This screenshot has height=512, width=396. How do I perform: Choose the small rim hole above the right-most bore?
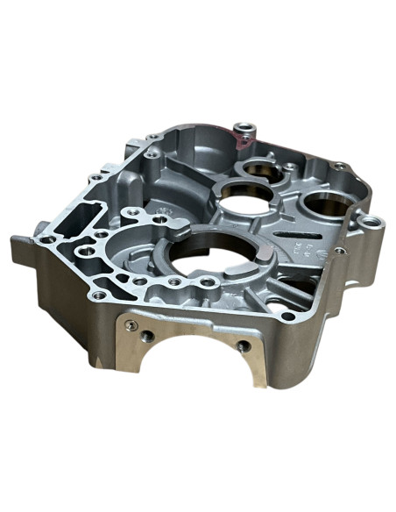pyautogui.click(x=339, y=167)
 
